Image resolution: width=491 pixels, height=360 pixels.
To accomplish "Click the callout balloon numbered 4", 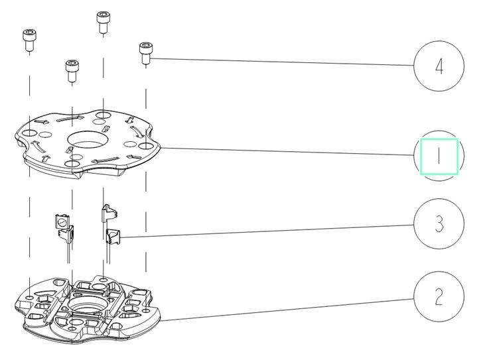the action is [439, 66].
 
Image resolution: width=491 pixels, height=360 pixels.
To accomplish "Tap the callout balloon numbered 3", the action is [439, 223].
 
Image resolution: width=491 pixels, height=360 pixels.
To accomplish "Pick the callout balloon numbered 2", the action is [439, 296].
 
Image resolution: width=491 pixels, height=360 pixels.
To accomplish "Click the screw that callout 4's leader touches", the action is [145, 53].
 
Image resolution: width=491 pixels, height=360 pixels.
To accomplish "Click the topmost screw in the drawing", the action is [103, 22].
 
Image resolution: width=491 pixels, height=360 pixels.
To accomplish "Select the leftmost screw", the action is [29, 40].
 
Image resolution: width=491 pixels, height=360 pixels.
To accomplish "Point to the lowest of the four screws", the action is [72, 71].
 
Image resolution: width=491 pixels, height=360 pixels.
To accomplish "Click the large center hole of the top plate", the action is [88, 139].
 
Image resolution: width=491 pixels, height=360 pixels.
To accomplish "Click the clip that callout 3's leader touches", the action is [113, 237].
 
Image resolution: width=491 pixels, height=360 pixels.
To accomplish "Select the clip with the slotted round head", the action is [62, 221].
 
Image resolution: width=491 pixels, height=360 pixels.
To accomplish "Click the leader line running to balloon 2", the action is [287, 310].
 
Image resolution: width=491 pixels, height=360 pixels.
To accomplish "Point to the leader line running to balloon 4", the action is [282, 62].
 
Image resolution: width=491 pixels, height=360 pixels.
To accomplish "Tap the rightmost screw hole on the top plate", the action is [145, 146].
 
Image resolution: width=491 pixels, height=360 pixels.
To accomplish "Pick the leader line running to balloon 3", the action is [267, 231].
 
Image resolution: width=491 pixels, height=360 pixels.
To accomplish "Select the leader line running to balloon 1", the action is [287, 151].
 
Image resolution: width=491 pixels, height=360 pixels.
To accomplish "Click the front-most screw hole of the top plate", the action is [72, 164].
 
